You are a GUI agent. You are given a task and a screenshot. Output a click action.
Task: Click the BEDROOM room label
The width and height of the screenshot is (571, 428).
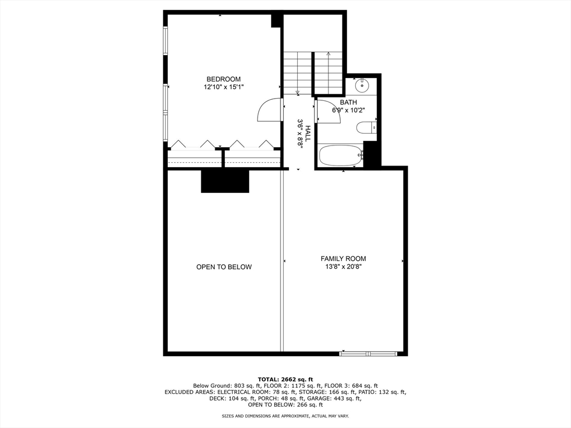[223, 79]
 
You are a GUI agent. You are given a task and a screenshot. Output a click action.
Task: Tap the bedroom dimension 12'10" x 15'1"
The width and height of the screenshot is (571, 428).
[223, 87]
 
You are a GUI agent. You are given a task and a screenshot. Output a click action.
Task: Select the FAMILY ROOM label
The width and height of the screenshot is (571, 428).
[343, 259]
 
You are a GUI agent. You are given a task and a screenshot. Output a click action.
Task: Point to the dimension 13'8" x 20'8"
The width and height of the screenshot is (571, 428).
[343, 267]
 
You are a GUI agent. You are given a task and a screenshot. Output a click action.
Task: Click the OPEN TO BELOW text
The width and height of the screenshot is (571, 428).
[224, 267]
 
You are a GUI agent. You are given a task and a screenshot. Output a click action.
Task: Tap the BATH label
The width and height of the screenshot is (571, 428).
[349, 103]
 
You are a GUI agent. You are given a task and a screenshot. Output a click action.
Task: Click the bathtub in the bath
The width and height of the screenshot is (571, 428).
[340, 155]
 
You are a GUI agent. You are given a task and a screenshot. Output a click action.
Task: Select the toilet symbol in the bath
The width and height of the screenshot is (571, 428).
[366, 128]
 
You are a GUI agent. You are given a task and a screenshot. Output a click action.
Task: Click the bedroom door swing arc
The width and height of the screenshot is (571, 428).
[269, 110]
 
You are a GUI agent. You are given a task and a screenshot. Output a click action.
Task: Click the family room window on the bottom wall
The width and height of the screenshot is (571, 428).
[368, 353]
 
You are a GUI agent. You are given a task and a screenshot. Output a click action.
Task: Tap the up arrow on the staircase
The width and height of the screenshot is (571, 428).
[328, 55]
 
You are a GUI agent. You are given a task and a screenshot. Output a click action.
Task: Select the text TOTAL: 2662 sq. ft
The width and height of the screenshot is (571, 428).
[285, 379]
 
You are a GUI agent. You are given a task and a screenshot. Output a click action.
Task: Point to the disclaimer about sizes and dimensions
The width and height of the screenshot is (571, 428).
[285, 416]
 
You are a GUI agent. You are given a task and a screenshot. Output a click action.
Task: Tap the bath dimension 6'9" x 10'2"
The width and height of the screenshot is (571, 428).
[349, 110]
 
